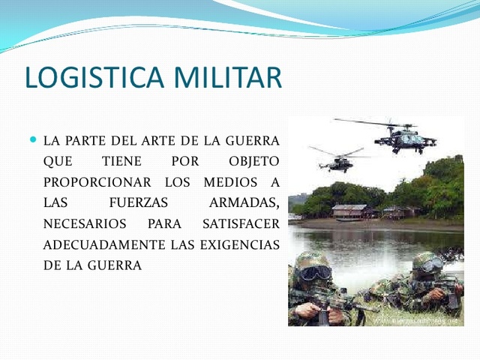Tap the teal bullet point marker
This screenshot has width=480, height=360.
[32, 139]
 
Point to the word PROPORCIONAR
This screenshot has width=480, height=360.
[90, 182]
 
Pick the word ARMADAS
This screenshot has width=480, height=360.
[244, 203]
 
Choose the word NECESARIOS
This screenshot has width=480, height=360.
[85, 223]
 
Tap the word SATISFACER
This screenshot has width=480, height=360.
[241, 223]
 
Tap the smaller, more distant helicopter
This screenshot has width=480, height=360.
[341, 159]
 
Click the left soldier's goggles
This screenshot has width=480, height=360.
[315, 272]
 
